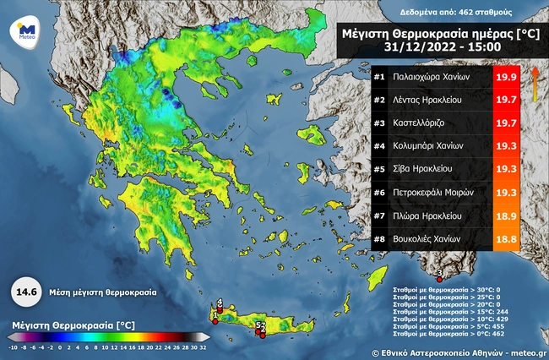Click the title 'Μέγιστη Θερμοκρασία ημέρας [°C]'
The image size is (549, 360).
pyautogui.click(x=435, y=34)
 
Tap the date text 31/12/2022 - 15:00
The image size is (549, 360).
pyautogui.click(x=435, y=49)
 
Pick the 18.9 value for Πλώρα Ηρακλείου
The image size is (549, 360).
pyautogui.click(x=507, y=215)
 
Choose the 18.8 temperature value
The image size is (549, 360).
pyautogui.click(x=507, y=238)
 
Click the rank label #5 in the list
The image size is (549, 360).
pyautogui.click(x=379, y=169)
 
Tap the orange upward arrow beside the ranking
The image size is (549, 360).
pyautogui.click(x=535, y=85)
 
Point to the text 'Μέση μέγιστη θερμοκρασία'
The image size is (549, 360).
pyautogui.click(x=101, y=292)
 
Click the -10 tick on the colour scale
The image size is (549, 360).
pyautogui.click(x=14, y=346)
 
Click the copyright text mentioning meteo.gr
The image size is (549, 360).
pyautogui.click(x=456, y=350)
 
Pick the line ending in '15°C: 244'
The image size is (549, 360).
pyautogui.click(x=447, y=311)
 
